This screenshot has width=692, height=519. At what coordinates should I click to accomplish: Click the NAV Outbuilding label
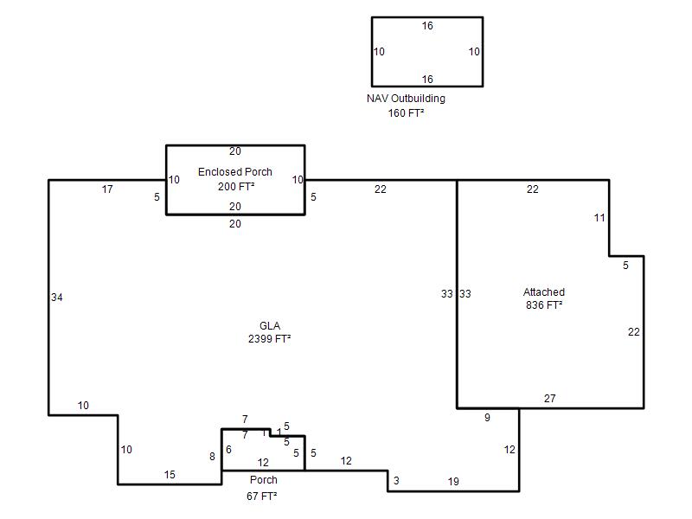(406, 99)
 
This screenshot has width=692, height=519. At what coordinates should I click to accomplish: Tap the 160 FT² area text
(406, 113)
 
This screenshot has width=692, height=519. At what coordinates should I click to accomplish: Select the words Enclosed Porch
(234, 171)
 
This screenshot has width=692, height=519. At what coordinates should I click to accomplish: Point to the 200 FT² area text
(235, 187)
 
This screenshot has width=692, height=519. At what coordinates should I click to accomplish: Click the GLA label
(270, 326)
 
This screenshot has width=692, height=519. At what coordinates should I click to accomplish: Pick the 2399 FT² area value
(269, 339)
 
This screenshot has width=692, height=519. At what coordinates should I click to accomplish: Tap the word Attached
(544, 292)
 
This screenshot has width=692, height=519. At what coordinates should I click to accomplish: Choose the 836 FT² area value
(544, 305)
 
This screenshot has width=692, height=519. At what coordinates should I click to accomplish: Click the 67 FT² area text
(262, 496)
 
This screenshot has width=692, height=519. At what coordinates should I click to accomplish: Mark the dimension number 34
(56, 298)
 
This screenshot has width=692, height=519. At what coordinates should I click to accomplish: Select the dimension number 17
(107, 189)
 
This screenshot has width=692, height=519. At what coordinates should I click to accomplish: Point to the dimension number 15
(170, 475)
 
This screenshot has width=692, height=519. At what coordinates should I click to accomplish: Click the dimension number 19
(453, 482)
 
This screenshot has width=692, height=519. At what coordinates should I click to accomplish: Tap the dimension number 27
(549, 399)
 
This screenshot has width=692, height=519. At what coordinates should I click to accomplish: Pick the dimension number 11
(599, 218)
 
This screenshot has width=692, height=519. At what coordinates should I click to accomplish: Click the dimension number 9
(487, 418)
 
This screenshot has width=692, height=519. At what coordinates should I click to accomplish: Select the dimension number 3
(396, 481)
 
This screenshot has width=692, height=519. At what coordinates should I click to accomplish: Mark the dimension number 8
(212, 457)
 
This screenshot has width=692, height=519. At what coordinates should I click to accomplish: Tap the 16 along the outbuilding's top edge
(427, 26)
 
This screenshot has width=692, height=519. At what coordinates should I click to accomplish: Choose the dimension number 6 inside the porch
(228, 450)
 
